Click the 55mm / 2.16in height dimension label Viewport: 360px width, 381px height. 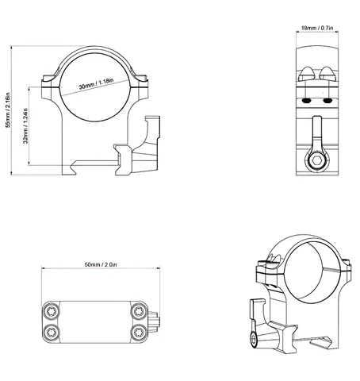click(x=8, y=110)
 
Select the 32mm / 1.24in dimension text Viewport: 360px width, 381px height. click(x=25, y=125)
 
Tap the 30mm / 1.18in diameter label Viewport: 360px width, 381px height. click(x=96, y=83)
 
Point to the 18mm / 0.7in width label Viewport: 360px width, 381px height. click(x=317, y=28)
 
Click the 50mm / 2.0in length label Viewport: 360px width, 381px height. click(x=101, y=264)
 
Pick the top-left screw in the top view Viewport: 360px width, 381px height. click(x=51, y=311)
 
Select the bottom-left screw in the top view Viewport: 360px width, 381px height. click(x=51, y=333)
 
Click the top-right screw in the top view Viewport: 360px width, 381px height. click(x=139, y=311)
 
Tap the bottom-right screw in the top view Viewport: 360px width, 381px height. click(x=139, y=333)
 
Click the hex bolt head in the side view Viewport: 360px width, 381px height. click(x=317, y=160)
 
